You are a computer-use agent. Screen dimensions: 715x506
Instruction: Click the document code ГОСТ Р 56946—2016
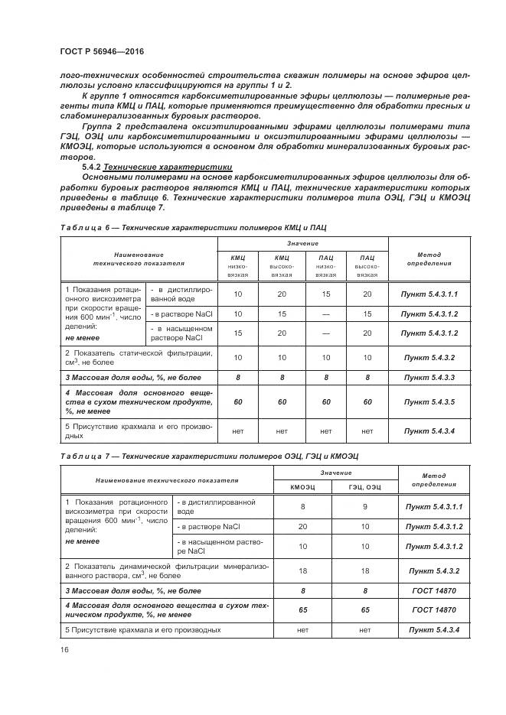pyautogui.click(x=101, y=51)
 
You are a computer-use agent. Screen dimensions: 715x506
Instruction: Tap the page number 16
pyautogui.click(x=64, y=649)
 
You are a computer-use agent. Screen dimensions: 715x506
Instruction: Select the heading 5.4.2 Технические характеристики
pyautogui.click(x=157, y=166)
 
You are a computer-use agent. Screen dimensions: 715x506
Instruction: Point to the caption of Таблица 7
pyautogui.click(x=209, y=456)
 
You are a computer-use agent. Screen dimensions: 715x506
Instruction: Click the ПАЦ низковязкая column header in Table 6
pyautogui.click(x=325, y=265)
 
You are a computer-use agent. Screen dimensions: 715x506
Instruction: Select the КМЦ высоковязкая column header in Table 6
pyautogui.click(x=282, y=265)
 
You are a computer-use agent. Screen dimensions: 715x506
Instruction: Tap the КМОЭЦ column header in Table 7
pyautogui.click(x=302, y=486)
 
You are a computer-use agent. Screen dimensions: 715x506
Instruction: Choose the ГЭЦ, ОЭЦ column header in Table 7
pyautogui.click(x=364, y=486)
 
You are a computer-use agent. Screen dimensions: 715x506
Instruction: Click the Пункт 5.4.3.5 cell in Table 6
pyautogui.click(x=429, y=401)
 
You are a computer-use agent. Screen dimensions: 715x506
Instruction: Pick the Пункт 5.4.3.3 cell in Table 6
pyautogui.click(x=429, y=377)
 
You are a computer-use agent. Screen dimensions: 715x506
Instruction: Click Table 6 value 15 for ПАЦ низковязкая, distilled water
pyautogui.click(x=325, y=294)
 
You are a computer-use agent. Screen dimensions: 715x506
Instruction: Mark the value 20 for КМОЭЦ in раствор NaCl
pyautogui.click(x=302, y=527)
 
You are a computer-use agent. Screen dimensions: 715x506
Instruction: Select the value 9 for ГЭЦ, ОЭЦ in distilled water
pyautogui.click(x=364, y=506)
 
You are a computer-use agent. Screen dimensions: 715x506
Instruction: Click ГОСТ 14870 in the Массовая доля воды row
pyautogui.click(x=433, y=590)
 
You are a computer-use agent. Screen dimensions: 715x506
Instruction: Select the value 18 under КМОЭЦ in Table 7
pyautogui.click(x=302, y=570)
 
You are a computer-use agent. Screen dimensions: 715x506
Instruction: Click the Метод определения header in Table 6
pyautogui.click(x=429, y=258)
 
